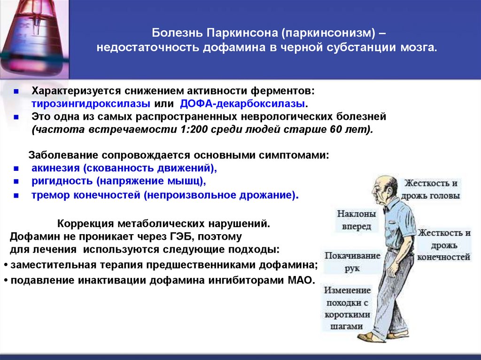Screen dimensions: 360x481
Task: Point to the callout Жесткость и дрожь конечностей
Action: point(444,245)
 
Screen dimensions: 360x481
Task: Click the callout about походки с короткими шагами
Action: point(347,308)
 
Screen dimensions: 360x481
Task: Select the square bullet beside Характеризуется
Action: point(16,90)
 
